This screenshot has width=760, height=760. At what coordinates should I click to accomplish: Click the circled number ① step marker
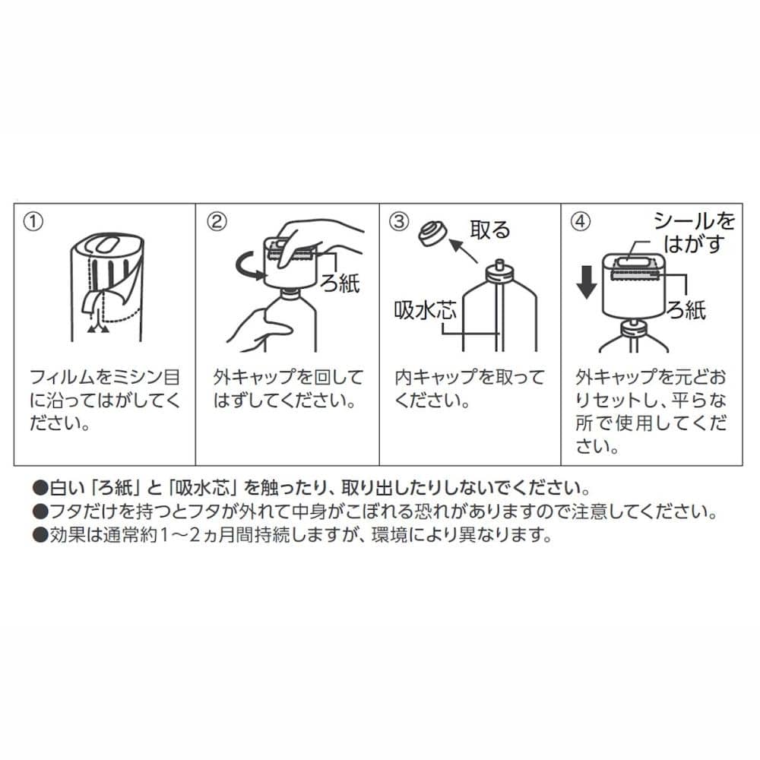33,221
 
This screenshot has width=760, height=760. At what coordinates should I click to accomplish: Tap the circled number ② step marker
217,221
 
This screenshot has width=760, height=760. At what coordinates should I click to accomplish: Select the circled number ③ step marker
399,221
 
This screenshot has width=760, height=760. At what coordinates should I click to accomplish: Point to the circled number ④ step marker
580,221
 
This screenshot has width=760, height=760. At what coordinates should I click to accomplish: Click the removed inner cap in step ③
432,233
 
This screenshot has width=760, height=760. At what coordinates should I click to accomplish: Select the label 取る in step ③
490,230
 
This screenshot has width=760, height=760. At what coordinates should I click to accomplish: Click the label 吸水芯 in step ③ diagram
425,310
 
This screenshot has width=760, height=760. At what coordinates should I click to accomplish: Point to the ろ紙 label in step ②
340,283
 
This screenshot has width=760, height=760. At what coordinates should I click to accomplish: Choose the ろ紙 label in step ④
686,309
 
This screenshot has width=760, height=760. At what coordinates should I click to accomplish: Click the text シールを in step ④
694,221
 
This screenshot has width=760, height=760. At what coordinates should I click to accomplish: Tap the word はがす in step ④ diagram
694,244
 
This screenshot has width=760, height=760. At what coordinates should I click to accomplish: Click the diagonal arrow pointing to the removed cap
463,251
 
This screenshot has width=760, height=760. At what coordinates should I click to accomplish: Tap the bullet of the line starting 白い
40,488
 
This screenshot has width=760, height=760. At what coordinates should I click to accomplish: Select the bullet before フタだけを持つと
40,511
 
